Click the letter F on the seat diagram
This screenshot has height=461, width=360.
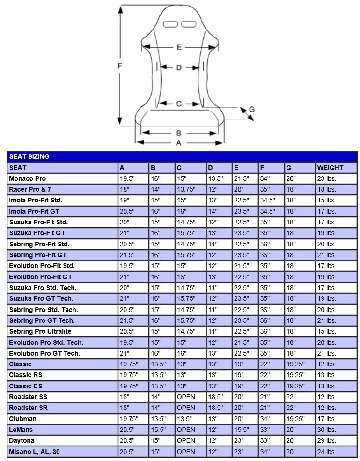120,66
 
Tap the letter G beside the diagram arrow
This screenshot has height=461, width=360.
251,109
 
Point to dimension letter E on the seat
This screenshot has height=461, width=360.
179,47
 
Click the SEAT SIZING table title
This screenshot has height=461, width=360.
29,156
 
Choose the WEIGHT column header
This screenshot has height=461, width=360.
330,168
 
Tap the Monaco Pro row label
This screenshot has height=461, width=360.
28,178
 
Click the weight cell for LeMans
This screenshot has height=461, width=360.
326,430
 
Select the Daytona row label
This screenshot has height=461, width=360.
22,440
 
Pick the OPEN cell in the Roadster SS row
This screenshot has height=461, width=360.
186,397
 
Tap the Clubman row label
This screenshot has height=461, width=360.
22,419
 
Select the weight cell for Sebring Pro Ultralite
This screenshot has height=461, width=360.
326,331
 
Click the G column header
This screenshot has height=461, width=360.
289,168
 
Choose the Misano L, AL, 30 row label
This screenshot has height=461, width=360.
34,452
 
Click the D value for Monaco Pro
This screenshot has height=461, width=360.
215,178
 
